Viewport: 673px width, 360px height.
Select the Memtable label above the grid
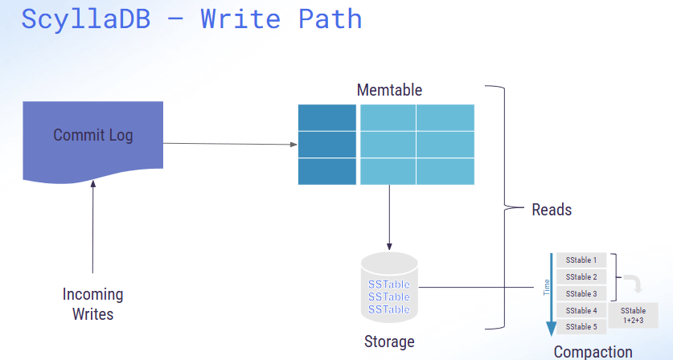[x=389, y=89]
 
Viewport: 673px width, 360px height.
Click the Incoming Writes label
[x=93, y=304]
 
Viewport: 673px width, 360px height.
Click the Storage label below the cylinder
[x=389, y=342]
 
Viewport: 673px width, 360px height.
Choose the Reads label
[x=552, y=210]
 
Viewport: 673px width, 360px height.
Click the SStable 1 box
[x=581, y=260]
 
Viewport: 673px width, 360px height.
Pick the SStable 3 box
[x=581, y=294]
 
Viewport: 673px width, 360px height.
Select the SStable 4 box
[x=581, y=310]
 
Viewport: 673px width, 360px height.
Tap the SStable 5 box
[x=581, y=327]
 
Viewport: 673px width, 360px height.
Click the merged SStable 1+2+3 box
[x=633, y=314]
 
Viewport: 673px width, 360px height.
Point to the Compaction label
[x=593, y=351]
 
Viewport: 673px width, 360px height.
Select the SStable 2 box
[x=581, y=277]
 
